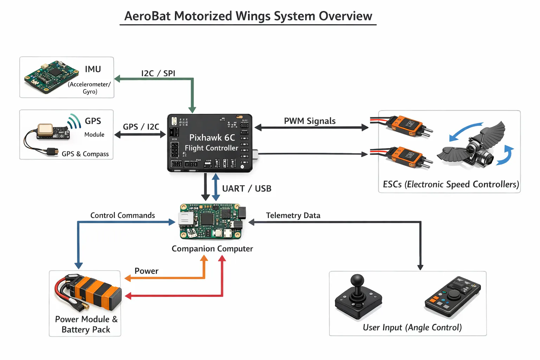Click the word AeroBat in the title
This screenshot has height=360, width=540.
coord(148,16)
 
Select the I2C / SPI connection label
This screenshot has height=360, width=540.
coord(158,73)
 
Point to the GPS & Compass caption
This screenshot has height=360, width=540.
coord(85,154)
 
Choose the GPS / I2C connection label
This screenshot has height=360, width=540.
coord(141,127)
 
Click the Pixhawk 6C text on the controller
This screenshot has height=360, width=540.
coord(212,137)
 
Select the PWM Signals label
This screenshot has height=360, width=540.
coord(310,121)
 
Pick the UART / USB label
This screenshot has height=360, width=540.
coord(247,189)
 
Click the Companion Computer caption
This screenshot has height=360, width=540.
coord(212,249)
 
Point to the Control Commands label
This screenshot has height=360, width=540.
coord(123,215)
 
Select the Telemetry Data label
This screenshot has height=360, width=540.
coord(293,215)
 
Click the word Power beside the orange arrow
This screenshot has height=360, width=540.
coord(146,271)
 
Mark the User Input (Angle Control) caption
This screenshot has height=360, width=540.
coord(412,327)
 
